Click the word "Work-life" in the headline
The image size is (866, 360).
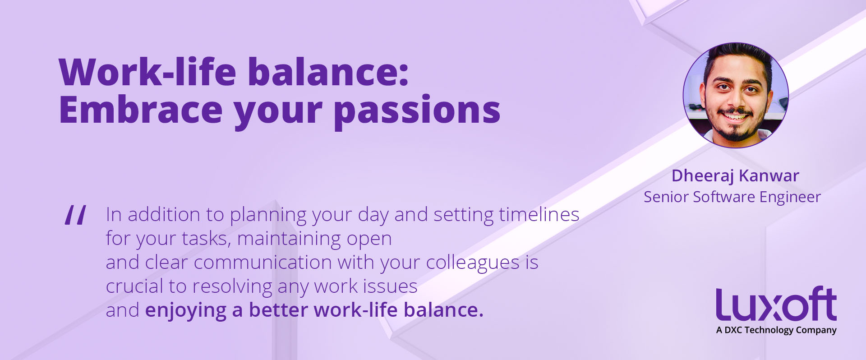147,72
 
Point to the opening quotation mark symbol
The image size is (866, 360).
75,215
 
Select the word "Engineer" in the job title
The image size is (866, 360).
790,198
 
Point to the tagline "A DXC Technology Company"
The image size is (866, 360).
776,330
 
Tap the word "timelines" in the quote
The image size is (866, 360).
539,214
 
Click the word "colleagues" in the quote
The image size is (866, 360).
473,263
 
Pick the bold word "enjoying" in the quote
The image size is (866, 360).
186,311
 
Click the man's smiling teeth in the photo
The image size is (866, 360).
735,117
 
